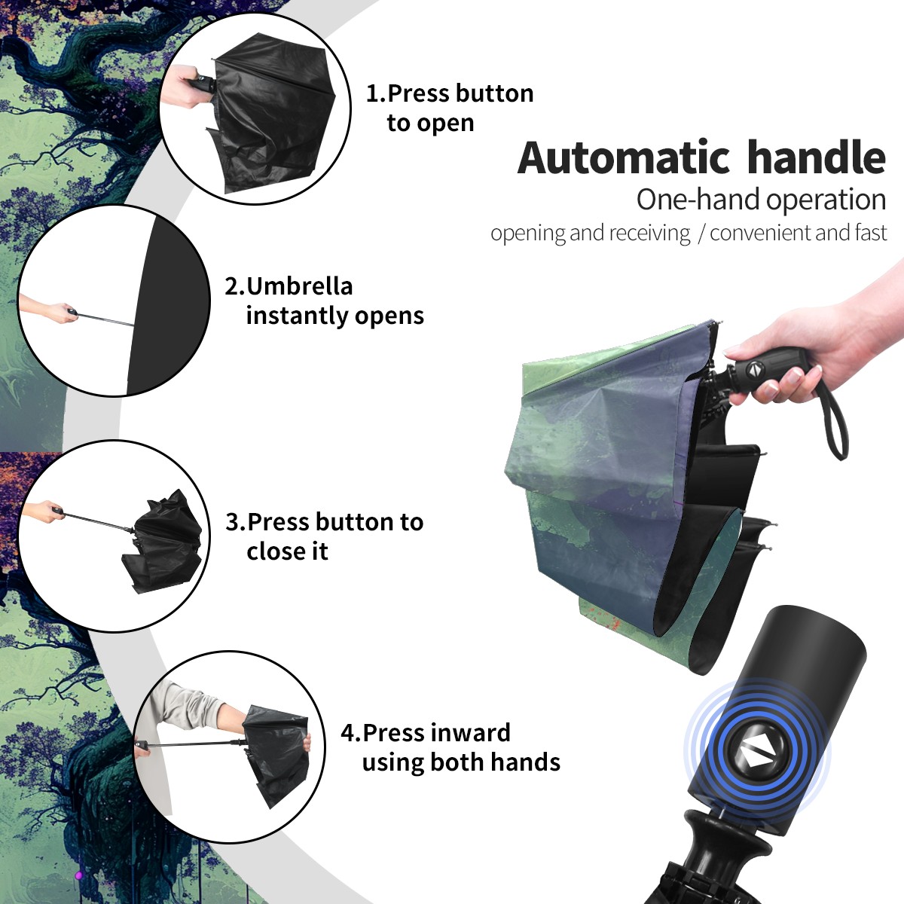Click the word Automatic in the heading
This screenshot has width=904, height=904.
(624, 157)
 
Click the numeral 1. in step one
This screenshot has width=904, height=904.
(376, 93)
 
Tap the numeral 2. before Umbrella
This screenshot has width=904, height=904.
(234, 286)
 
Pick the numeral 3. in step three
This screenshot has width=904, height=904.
(236, 521)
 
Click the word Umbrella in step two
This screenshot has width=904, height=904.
(299, 286)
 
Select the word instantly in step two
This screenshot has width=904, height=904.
(297, 315)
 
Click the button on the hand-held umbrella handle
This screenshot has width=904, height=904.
(753, 370)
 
